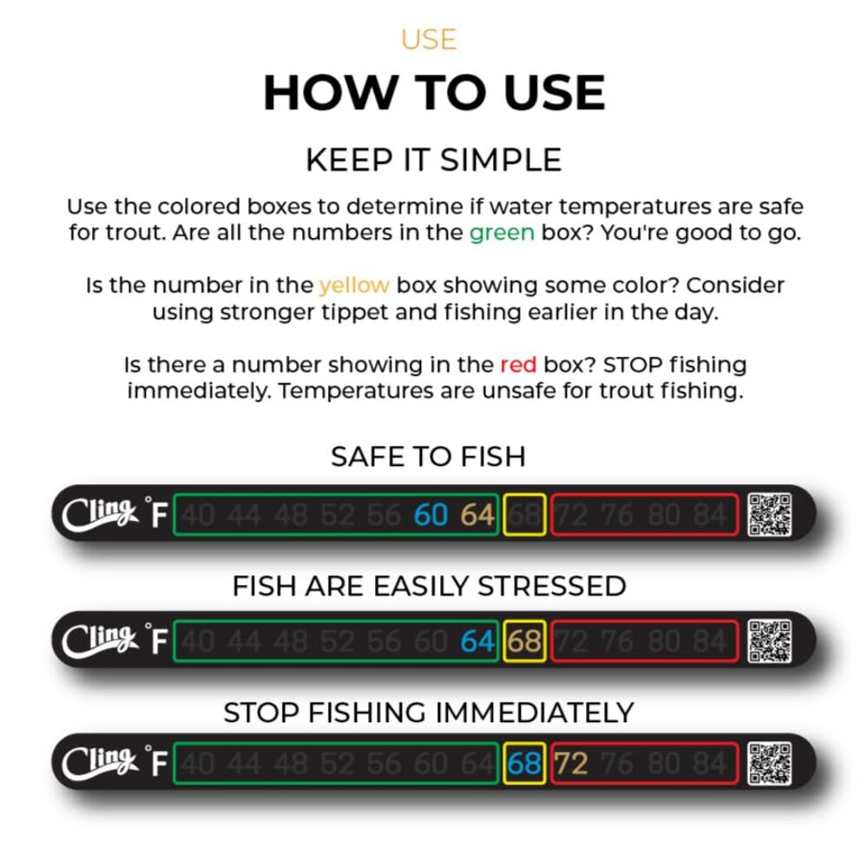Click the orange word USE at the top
point(429,39)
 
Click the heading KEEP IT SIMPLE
point(433,160)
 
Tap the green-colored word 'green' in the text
point(502,233)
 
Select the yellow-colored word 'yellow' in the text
point(354,286)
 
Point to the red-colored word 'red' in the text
point(518,365)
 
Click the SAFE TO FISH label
point(428,457)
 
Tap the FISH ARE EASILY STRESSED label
point(429,586)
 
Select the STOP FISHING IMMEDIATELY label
point(429,713)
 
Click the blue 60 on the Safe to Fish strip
point(431,516)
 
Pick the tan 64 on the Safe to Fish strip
point(477,516)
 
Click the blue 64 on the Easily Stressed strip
point(477,642)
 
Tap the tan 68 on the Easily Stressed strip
point(524,642)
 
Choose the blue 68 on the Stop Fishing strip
point(524,764)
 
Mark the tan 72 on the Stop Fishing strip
point(571,764)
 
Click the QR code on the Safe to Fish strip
point(770,515)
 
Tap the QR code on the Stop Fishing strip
point(770,763)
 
